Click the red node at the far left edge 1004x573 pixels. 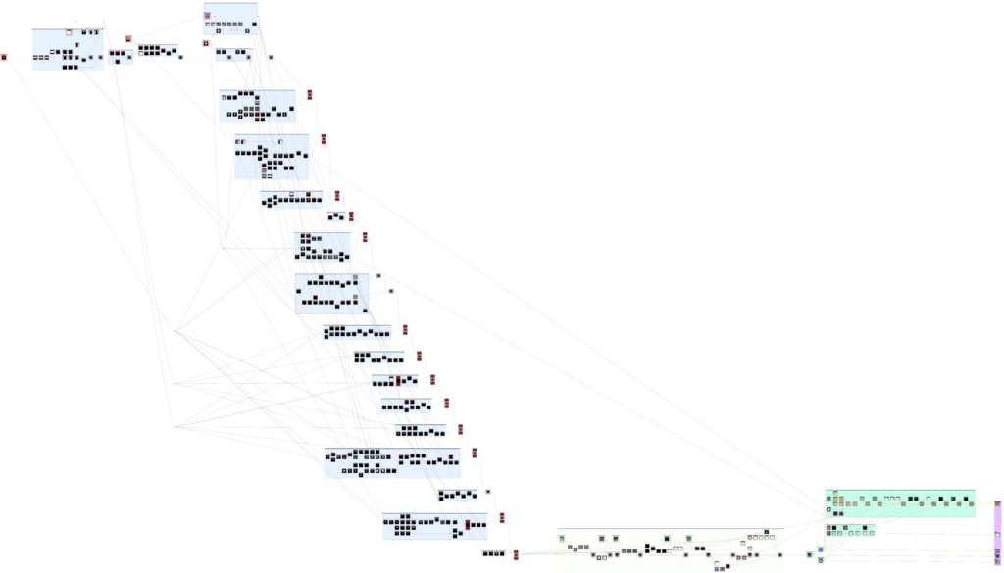pos(3,57)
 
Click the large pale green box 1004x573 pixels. pos(671,549)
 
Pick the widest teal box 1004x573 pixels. pos(899,502)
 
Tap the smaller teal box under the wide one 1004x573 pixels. pos(850,530)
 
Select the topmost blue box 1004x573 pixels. pos(231,19)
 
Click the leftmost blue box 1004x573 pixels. pos(68,50)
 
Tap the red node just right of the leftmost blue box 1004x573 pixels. pos(127,39)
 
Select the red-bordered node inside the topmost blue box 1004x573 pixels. pos(208,16)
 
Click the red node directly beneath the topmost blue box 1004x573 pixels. pos(205,43)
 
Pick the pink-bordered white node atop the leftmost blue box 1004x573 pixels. pos(69,32)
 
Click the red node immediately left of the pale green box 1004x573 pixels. pos(516,555)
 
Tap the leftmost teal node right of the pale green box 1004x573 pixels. pos(809,555)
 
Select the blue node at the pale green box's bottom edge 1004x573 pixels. pos(718,567)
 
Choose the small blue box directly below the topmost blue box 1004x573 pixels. pos(232,54)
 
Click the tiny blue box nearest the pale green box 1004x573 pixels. pos(493,554)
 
